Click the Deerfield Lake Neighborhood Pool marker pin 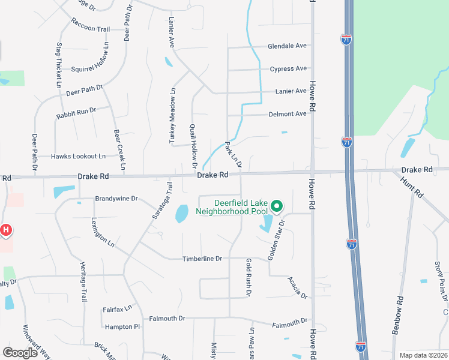[x=277, y=206]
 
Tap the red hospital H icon [x=6, y=229]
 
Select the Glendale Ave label [x=287, y=46]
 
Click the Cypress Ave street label [x=288, y=68]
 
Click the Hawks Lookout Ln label [x=78, y=156]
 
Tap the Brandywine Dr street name [x=116, y=198]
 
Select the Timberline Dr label [x=202, y=259]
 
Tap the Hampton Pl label [x=122, y=327]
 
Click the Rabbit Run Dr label [x=76, y=112]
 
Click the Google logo [x=20, y=353]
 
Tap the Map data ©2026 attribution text [x=423, y=355]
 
